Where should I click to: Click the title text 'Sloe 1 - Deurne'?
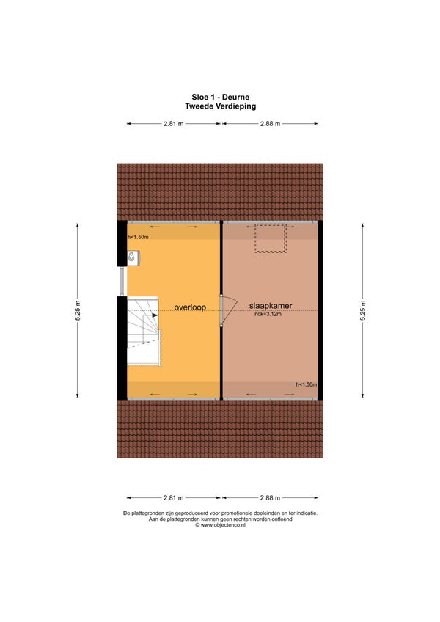[x=220, y=97]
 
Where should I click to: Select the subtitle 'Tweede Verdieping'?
[x=220, y=106]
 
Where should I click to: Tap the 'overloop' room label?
[x=190, y=307]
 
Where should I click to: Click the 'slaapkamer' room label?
[x=271, y=306]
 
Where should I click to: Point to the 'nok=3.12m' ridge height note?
[x=268, y=314]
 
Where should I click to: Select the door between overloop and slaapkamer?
[x=228, y=310]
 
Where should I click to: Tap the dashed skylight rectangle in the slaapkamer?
[x=271, y=238]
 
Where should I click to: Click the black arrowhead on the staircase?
[x=155, y=315]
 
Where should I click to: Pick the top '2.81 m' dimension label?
[x=174, y=124]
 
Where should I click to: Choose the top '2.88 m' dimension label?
[x=270, y=124]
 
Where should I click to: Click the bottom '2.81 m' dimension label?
[x=174, y=497]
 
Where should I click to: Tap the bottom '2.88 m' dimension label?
[x=270, y=497]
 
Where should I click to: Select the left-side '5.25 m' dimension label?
[x=78, y=310]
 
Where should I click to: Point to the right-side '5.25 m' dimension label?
[x=363, y=310]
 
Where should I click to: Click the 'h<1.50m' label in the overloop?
[x=138, y=237]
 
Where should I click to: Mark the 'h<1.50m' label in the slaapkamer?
[x=307, y=384]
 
